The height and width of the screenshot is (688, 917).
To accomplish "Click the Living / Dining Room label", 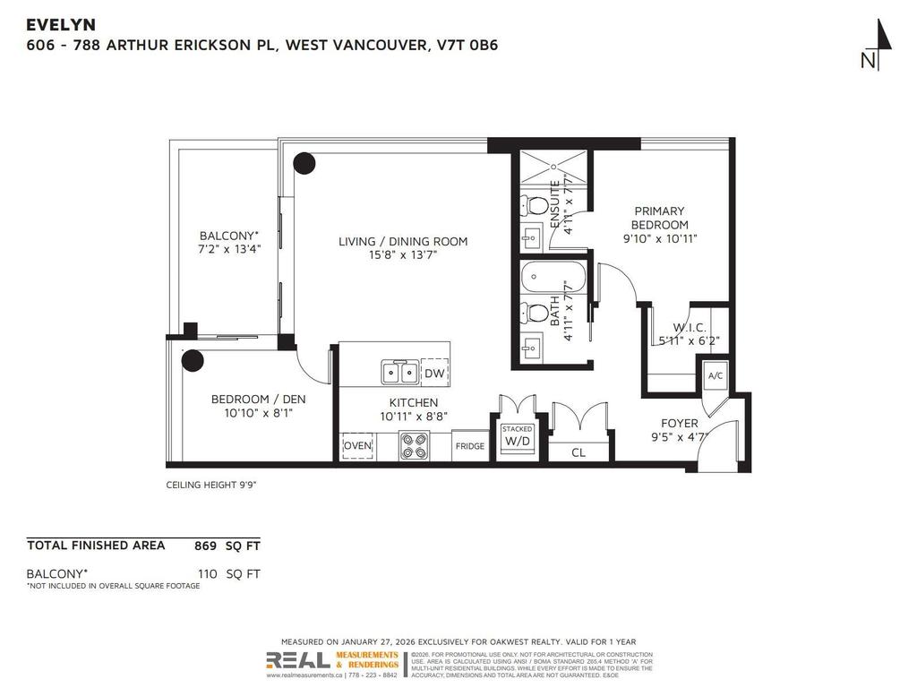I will (403, 241).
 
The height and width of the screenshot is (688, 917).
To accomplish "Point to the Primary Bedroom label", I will (659, 218).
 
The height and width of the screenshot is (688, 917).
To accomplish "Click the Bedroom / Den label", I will (252, 400).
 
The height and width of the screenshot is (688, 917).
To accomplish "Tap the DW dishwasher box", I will (434, 374).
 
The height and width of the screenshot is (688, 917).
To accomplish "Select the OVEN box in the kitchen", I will (357, 445).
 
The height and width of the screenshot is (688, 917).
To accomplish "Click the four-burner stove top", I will (414, 445).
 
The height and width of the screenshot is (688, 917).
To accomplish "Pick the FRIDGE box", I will (469, 446).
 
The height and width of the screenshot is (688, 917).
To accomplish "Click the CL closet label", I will (578, 452).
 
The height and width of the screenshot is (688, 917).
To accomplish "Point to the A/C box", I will (716, 376).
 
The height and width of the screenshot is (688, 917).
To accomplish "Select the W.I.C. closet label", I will (689, 328).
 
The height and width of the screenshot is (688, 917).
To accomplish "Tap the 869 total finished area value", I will (206, 545).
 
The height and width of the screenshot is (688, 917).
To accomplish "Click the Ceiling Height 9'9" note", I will (211, 485).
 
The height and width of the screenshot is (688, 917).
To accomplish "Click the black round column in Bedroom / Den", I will (193, 360).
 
